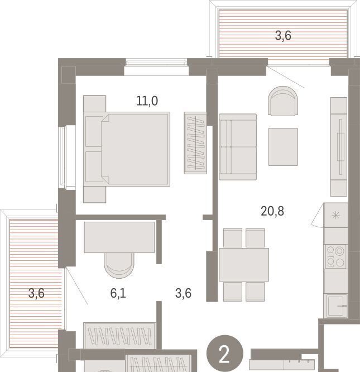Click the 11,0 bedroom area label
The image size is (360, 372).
[x=147, y=101]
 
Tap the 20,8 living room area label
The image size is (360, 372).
[x=272, y=211]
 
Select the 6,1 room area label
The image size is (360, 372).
[x=118, y=293]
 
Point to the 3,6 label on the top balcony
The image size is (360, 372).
[x=283, y=36]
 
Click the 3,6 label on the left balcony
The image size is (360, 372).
[x=36, y=293]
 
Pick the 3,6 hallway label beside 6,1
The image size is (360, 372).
[x=183, y=293]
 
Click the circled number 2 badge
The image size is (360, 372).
[x=225, y=353]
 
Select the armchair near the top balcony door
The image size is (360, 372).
[x=283, y=101]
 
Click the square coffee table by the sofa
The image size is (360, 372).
[x=283, y=147]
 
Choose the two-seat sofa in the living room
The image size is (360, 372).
[x=238, y=147]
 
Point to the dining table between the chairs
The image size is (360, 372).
[x=244, y=265]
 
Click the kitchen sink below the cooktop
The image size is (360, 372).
[x=336, y=306]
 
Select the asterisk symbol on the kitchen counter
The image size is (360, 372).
[x=335, y=216]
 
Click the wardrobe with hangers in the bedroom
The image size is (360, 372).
[x=195, y=143]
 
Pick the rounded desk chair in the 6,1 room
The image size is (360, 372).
[x=119, y=265]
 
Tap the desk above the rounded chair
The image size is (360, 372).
[x=119, y=237]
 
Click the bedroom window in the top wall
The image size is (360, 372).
[x=156, y=63]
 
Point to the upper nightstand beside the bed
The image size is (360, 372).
[x=94, y=103]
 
